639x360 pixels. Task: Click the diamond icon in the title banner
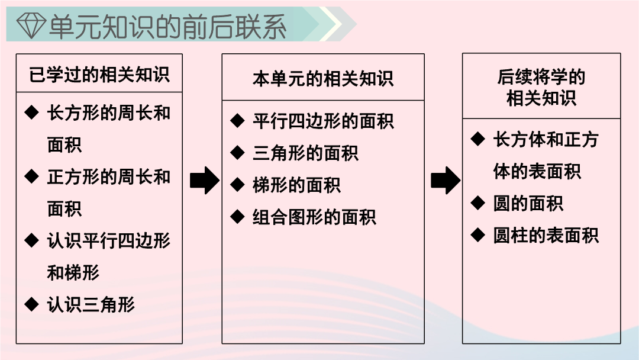pos(31,25)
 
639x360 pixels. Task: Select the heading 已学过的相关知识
pos(99,75)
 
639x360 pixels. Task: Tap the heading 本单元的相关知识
pos(323,79)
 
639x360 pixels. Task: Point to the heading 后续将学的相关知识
pos(541,87)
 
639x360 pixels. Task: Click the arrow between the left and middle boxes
pos(205,180)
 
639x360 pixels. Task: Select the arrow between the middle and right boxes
pos(446,180)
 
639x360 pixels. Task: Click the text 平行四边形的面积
pos(323,121)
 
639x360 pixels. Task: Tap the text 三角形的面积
pos(305,153)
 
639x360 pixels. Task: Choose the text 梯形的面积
pos(296,185)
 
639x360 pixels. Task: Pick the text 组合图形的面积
pos(314,217)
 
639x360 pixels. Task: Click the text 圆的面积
pos(528,204)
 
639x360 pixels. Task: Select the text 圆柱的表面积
pos(546,235)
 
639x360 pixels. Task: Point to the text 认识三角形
pos(91,304)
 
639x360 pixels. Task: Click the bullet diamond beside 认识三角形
pos(31,304)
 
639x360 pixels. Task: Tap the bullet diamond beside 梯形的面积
pos(237,185)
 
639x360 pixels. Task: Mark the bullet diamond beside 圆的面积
pos(477,202)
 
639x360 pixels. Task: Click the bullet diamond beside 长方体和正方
pos(477,139)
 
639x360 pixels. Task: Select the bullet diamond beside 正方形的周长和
pos(31,176)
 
